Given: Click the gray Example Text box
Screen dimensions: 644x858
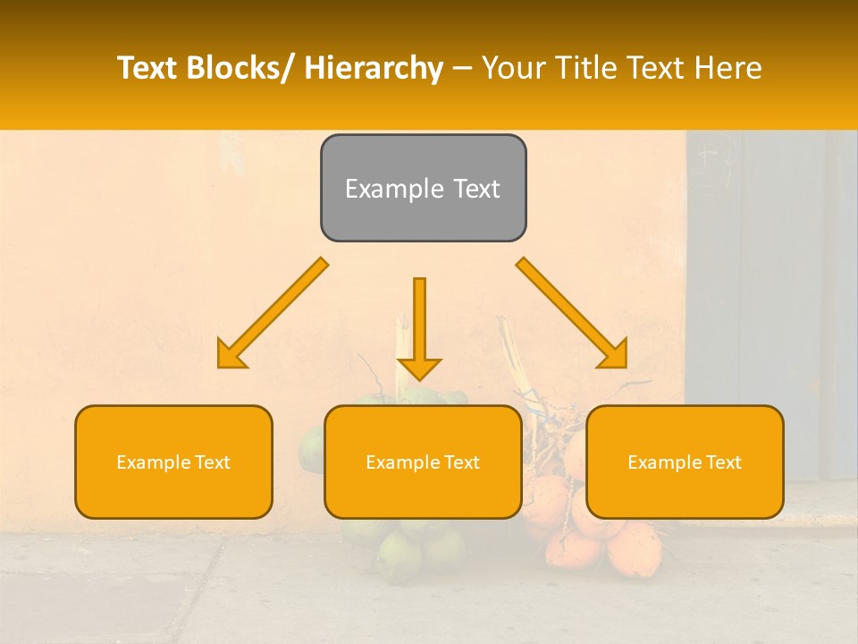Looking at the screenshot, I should (423, 188).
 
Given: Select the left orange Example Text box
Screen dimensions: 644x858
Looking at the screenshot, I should (173, 462).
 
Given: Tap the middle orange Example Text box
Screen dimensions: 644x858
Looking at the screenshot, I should (423, 462).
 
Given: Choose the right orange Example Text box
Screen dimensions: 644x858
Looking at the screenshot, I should (685, 462).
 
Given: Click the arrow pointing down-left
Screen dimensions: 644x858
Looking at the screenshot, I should (273, 313).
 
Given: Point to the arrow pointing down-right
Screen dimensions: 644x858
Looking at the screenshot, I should (571, 312).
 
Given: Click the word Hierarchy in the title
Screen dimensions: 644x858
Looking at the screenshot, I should (373, 68).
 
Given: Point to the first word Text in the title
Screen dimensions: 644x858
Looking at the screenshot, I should (148, 68).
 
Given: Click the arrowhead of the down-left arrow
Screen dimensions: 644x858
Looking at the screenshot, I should (231, 355).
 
